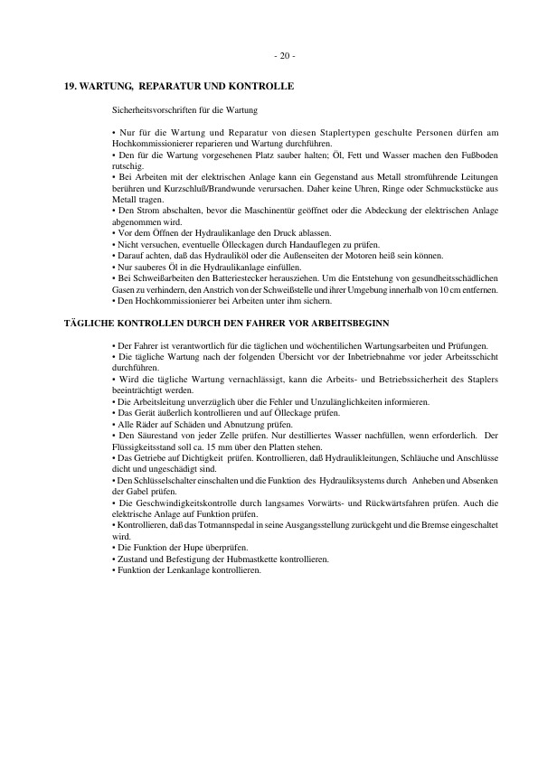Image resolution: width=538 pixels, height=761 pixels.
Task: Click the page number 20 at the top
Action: (283, 56)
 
